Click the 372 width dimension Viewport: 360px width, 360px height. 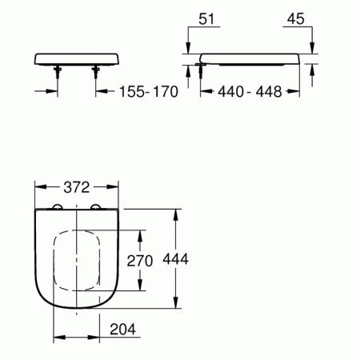(77, 187)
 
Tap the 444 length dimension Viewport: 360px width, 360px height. (176, 258)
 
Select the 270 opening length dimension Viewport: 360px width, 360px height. (140, 261)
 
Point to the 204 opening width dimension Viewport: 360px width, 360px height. (122, 329)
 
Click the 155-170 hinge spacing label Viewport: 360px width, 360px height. (149, 91)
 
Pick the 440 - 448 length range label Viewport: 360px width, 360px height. (250, 91)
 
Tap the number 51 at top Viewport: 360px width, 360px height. (206, 19)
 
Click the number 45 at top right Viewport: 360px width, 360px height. (295, 19)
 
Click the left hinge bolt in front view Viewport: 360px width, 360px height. (58, 73)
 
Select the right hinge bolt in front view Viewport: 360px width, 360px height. (96, 73)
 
